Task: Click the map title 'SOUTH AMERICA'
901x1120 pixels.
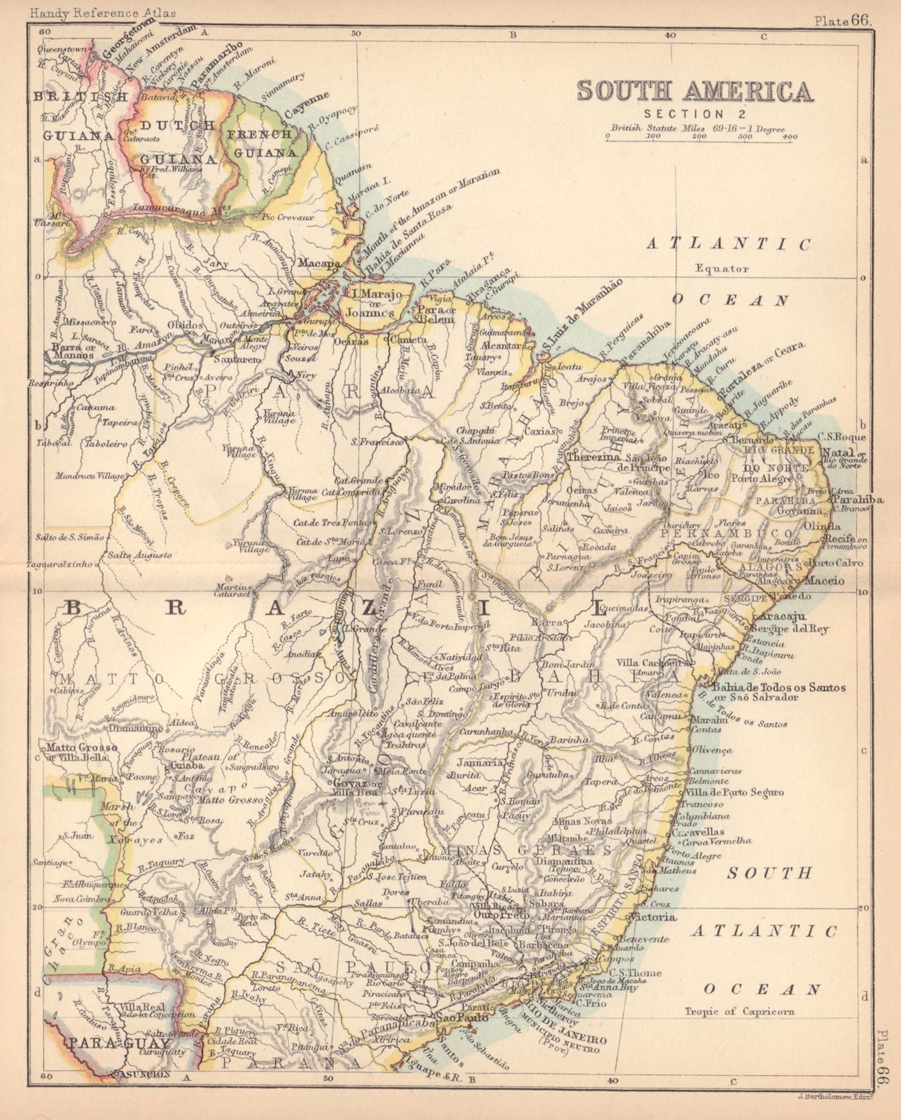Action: pos(694,92)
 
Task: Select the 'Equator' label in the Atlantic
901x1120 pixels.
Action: pos(722,268)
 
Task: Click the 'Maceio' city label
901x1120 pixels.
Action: pos(822,581)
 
